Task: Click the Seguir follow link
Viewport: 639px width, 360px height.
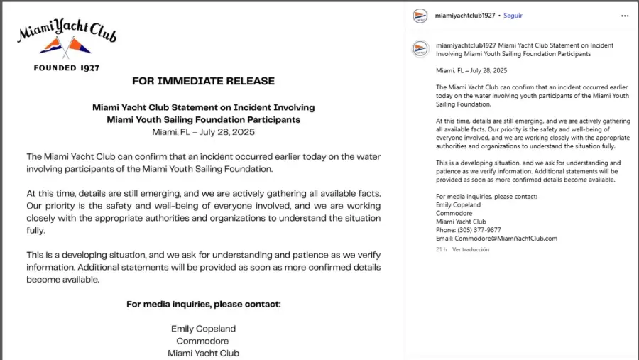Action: [513, 16]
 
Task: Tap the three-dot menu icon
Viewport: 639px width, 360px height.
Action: [625, 16]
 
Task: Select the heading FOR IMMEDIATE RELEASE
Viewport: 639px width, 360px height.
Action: [203, 81]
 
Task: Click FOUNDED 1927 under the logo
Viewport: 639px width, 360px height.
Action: [67, 68]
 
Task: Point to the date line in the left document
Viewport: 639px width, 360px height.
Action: [203, 132]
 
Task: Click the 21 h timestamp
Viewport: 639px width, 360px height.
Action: [441, 250]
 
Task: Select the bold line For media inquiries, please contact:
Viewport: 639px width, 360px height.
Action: [203, 304]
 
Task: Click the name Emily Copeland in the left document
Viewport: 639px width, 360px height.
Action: [203, 329]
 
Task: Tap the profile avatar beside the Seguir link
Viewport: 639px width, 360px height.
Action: [420, 16]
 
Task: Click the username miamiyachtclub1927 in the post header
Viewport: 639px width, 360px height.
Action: [465, 16]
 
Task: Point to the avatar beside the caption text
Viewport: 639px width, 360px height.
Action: [420, 48]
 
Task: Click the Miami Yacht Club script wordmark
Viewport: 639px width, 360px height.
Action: [67, 31]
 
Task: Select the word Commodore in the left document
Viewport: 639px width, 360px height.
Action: [203, 341]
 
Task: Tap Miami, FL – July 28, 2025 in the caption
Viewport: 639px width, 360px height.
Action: [471, 70]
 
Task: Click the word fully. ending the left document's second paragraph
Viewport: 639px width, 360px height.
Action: [35, 231]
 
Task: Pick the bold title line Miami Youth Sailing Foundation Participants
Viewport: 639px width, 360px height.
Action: [203, 119]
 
